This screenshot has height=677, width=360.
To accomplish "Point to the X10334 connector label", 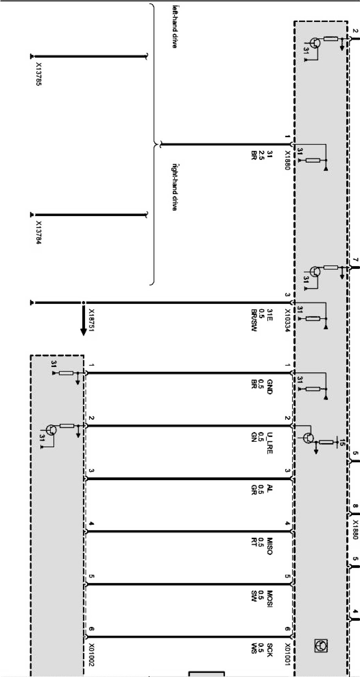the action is (287, 321).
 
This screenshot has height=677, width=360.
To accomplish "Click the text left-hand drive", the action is (175, 27).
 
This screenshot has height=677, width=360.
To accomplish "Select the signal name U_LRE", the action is (269, 443).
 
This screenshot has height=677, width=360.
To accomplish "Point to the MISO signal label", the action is (269, 546).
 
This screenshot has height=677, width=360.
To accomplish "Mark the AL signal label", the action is (269, 488).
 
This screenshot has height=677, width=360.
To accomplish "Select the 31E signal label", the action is (269, 313).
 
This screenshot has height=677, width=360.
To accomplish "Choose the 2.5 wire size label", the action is (262, 156).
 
